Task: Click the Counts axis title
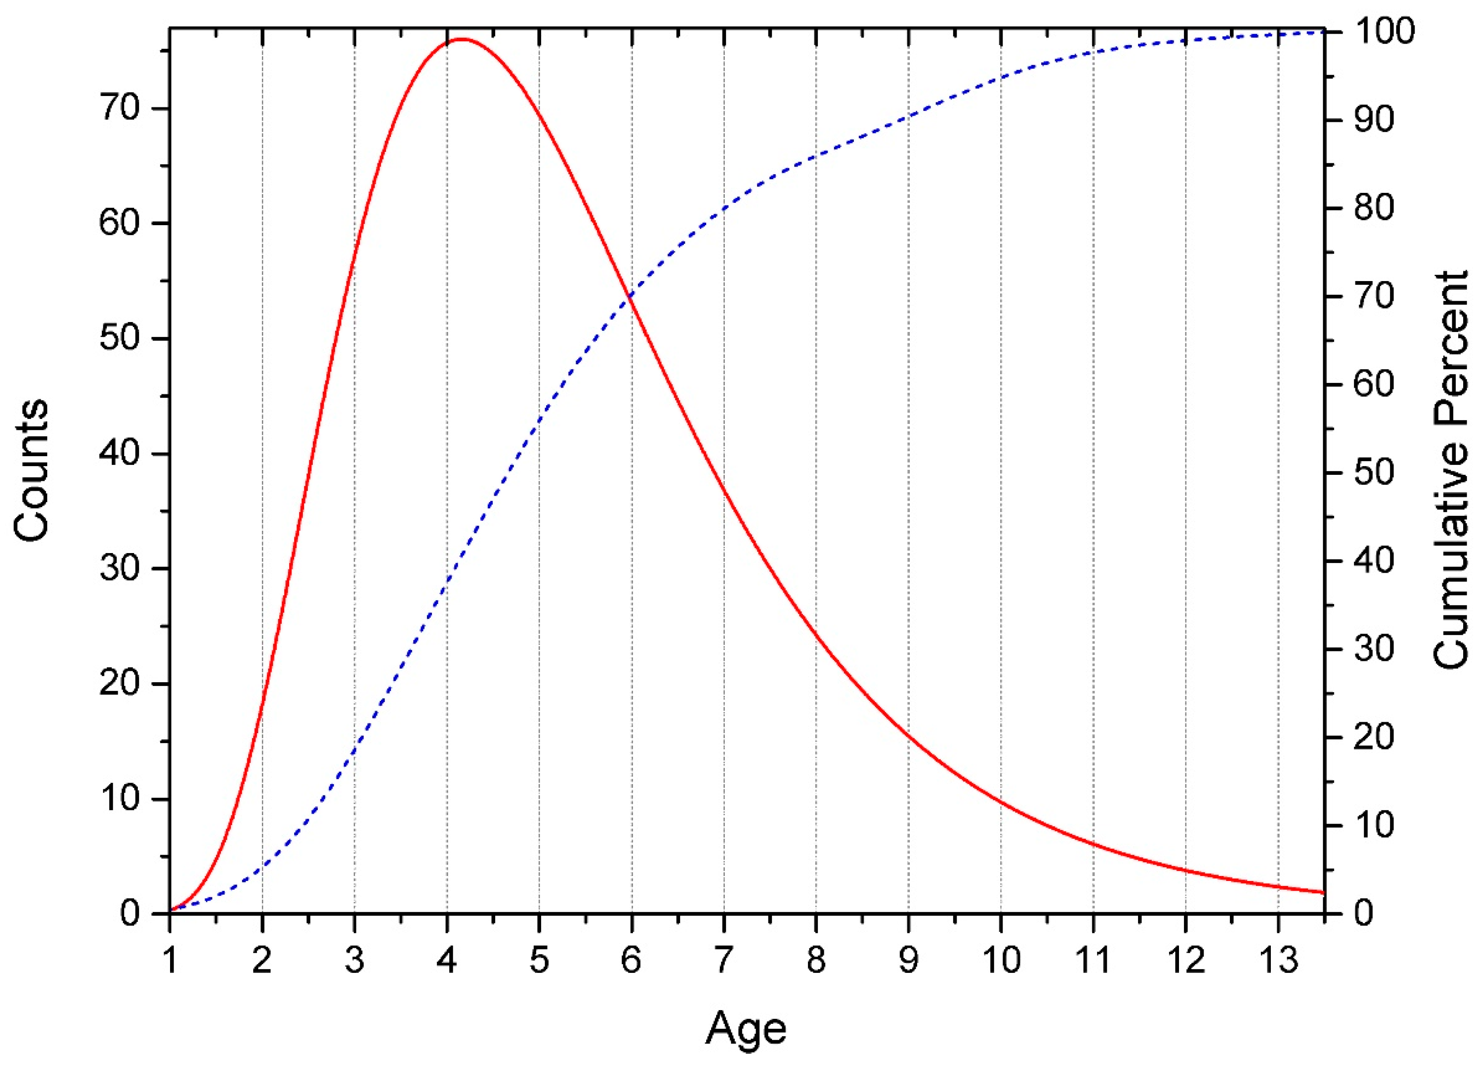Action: click(x=31, y=470)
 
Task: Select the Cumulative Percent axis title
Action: click(x=1450, y=470)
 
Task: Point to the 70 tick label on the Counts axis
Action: click(x=120, y=108)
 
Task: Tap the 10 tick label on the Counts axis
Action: click(x=120, y=799)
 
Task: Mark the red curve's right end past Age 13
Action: click(x=1323, y=892)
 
